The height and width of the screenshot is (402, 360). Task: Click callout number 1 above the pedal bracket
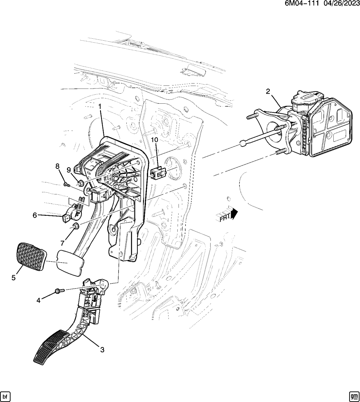[x=100, y=107]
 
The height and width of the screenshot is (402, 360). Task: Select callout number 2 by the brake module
[x=268, y=92]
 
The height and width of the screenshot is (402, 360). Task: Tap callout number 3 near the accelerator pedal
[x=102, y=350]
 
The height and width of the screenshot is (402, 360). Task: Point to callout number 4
[x=39, y=301]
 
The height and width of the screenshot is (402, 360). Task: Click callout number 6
[x=35, y=215]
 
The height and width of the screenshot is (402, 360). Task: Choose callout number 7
[x=62, y=243]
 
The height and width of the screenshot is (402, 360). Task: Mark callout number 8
[x=58, y=167]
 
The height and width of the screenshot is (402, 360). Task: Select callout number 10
[x=154, y=140]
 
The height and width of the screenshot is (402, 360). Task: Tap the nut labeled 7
[x=75, y=226]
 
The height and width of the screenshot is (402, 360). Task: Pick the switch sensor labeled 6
[x=71, y=213]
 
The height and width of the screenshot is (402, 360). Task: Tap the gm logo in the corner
[x=354, y=396]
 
